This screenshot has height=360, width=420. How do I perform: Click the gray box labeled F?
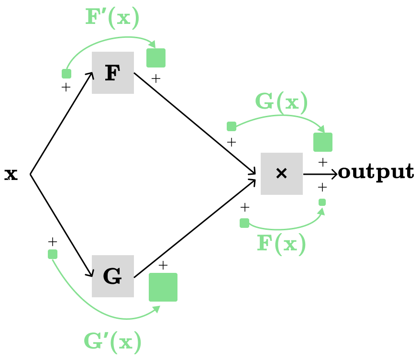pyautogui.click(x=113, y=73)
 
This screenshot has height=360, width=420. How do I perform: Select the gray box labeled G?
pyautogui.click(x=113, y=276)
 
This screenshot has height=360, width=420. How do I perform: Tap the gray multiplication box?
pyautogui.click(x=282, y=174)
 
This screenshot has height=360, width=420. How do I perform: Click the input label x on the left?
pyautogui.click(x=11, y=175)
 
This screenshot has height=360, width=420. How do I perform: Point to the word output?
pyautogui.click(x=376, y=172)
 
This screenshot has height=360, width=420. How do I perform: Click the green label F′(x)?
pyautogui.click(x=112, y=18)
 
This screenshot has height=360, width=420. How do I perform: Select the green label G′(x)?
pyautogui.click(x=112, y=342)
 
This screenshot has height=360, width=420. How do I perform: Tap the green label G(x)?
pyautogui.click(x=281, y=101)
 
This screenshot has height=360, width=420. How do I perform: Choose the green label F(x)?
pyautogui.click(x=281, y=244)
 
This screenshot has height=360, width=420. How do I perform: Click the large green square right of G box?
pyautogui.click(x=163, y=287)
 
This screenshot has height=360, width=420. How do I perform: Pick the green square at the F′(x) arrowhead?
pyautogui.click(x=156, y=58)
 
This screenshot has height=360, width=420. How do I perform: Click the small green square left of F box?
pyautogui.click(x=66, y=74)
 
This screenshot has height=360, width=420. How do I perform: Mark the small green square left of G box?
pyautogui.click(x=53, y=254)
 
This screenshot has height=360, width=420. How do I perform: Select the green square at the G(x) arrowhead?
pyautogui.click(x=323, y=142)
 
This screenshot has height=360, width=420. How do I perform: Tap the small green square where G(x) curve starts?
pyautogui.click(x=232, y=126)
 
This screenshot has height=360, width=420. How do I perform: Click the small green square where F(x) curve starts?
pyautogui.click(x=244, y=223)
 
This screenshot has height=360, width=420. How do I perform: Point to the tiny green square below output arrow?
pyautogui.click(x=322, y=202)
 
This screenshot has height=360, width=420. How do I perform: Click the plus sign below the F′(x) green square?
pyautogui.click(x=156, y=79)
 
